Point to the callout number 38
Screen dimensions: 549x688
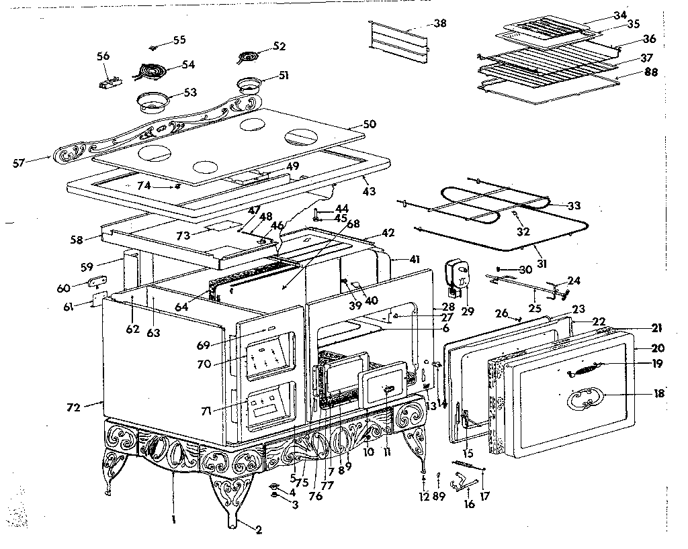tap(439, 23)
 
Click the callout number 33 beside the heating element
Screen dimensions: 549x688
tap(573, 205)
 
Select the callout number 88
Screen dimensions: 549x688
tap(650, 72)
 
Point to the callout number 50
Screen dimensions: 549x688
tap(369, 124)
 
